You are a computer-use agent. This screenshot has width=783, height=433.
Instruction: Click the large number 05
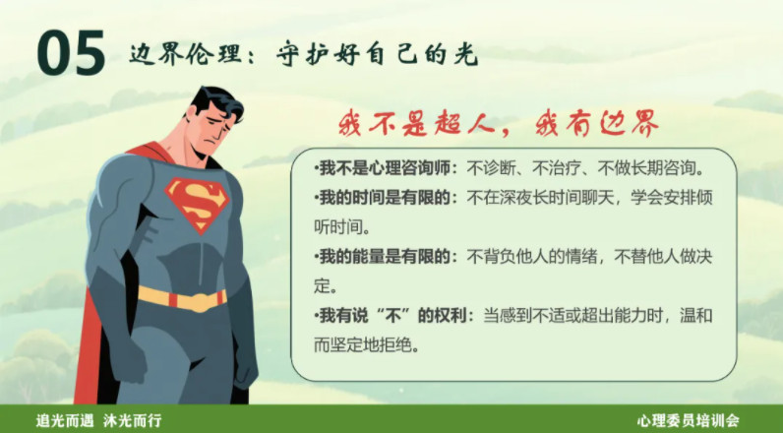point(72,54)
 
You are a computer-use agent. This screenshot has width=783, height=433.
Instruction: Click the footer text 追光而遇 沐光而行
point(93,419)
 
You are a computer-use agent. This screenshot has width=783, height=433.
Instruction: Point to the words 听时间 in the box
point(340,226)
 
